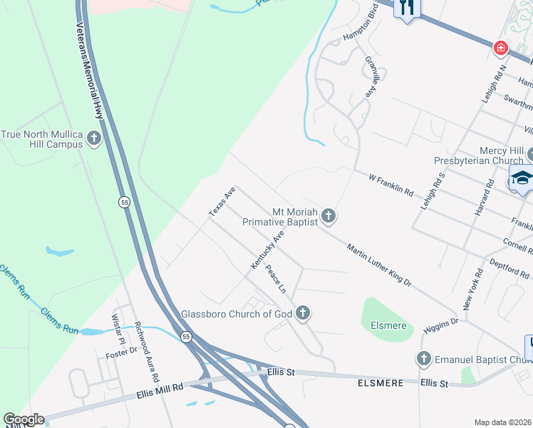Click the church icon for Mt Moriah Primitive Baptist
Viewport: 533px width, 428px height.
click(x=328, y=215)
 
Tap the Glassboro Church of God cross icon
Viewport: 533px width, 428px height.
click(x=303, y=312)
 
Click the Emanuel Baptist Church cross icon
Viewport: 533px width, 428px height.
click(x=424, y=359)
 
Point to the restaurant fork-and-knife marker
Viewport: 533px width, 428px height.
click(x=407, y=9)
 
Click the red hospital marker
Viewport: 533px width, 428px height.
click(x=501, y=48)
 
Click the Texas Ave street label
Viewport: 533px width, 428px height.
click(x=222, y=202)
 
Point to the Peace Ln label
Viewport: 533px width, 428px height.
click(x=275, y=280)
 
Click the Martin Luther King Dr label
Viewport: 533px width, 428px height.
click(x=379, y=265)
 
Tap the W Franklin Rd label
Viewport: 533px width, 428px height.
click(x=391, y=184)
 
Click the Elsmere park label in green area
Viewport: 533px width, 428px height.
click(x=388, y=325)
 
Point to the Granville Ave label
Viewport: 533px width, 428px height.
click(x=370, y=77)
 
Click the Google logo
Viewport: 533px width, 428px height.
click(x=24, y=419)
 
